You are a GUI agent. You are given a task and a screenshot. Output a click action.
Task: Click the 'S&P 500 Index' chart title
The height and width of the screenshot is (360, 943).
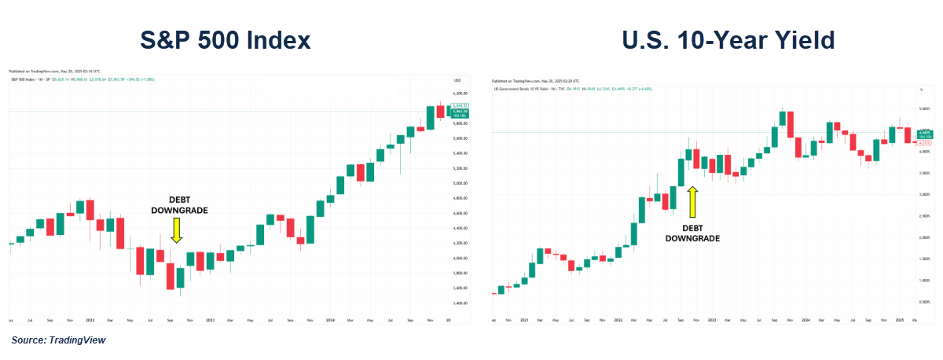(226, 40)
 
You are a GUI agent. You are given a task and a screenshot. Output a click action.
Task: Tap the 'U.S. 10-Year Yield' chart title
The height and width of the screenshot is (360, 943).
(717, 40)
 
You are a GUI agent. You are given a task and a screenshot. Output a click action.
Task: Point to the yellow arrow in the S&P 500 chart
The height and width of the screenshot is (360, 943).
(177, 229)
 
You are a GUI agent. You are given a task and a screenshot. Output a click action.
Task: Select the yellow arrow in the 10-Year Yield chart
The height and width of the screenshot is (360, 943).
(692, 201)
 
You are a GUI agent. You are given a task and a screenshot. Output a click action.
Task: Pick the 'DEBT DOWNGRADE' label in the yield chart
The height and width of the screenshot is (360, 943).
(692, 233)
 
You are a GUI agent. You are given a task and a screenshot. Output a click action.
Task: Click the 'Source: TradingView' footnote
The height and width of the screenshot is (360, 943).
(58, 340)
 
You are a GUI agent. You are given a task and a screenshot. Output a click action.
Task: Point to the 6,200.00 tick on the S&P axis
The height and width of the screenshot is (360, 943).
(458, 94)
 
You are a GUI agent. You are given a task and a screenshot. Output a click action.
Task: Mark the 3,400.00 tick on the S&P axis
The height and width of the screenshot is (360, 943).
(458, 303)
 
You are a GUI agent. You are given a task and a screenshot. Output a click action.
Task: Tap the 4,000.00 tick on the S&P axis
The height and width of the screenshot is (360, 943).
(458, 258)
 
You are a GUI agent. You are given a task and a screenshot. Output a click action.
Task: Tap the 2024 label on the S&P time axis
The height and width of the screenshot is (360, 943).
(330, 320)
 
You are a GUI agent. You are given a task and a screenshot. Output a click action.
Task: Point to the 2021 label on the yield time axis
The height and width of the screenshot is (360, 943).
(525, 320)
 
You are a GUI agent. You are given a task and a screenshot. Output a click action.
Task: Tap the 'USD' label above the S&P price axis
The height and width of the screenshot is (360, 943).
(457, 80)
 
